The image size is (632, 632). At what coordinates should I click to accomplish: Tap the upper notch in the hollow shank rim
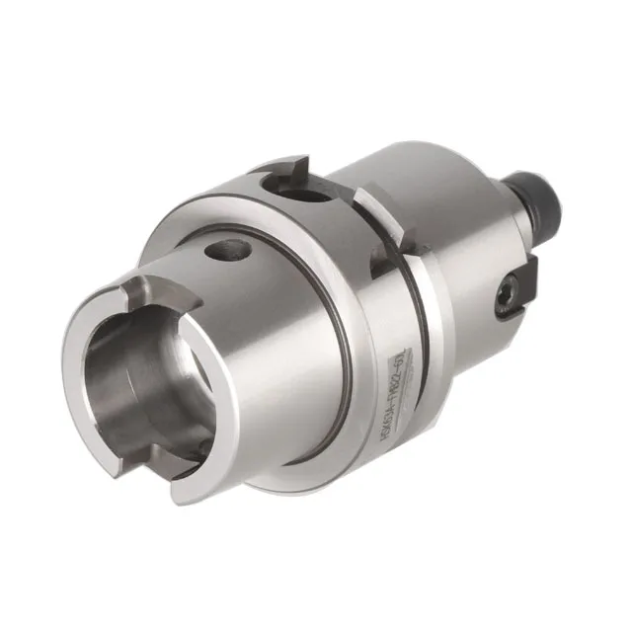click(x=145, y=293)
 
